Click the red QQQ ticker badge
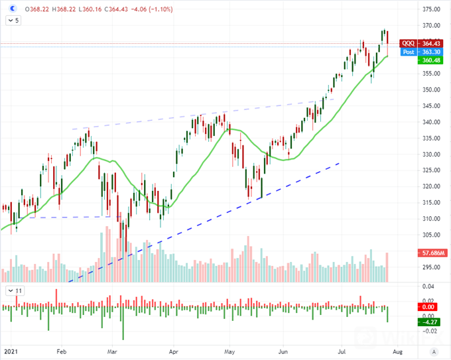(409, 44)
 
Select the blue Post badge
(409, 52)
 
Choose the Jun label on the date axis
(285, 351)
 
